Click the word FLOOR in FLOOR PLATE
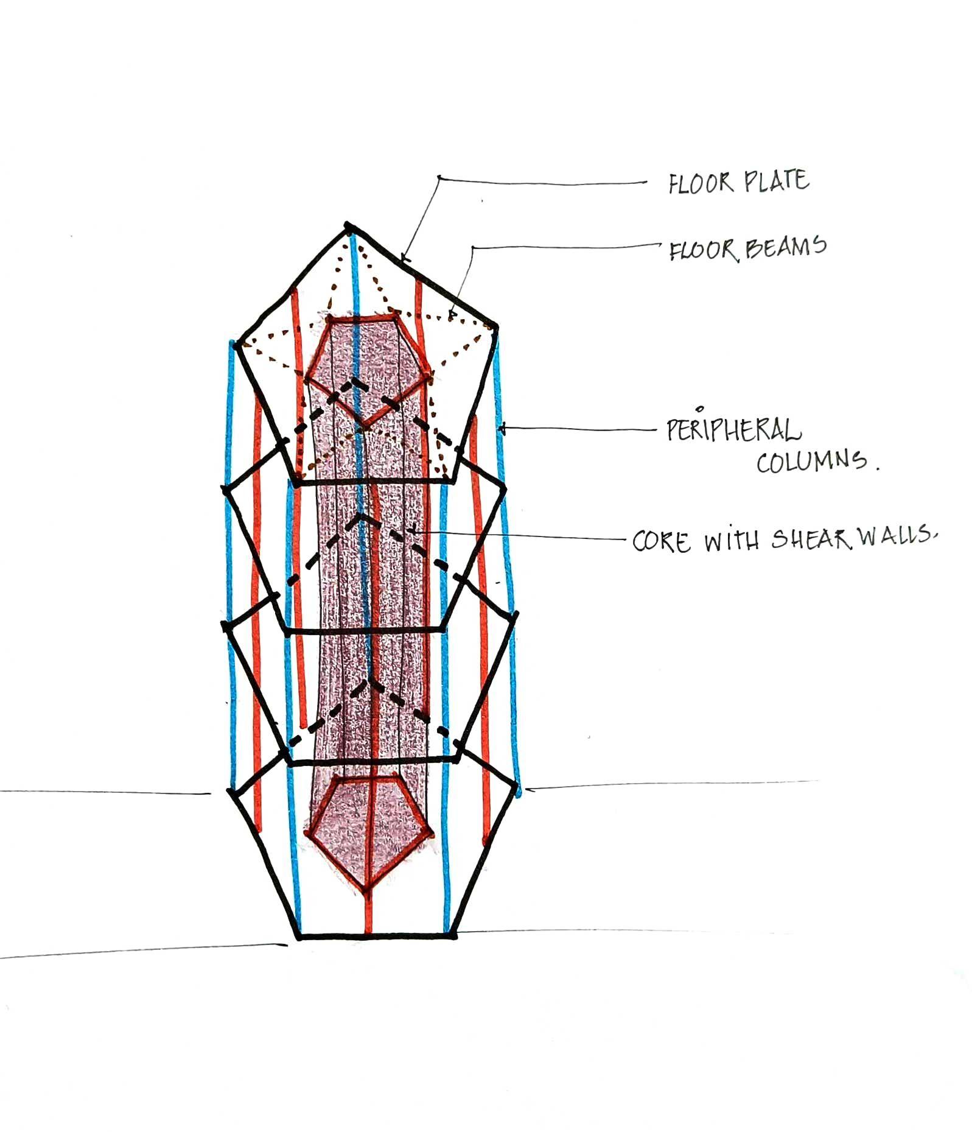pos(700,183)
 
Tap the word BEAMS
pos(785,247)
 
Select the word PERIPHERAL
pos(733,430)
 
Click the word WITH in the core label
pos(731,541)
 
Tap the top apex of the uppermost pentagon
pos(348,227)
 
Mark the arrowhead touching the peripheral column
pos(502,429)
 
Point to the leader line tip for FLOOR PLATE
pos(404,260)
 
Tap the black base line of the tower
pos(377,936)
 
